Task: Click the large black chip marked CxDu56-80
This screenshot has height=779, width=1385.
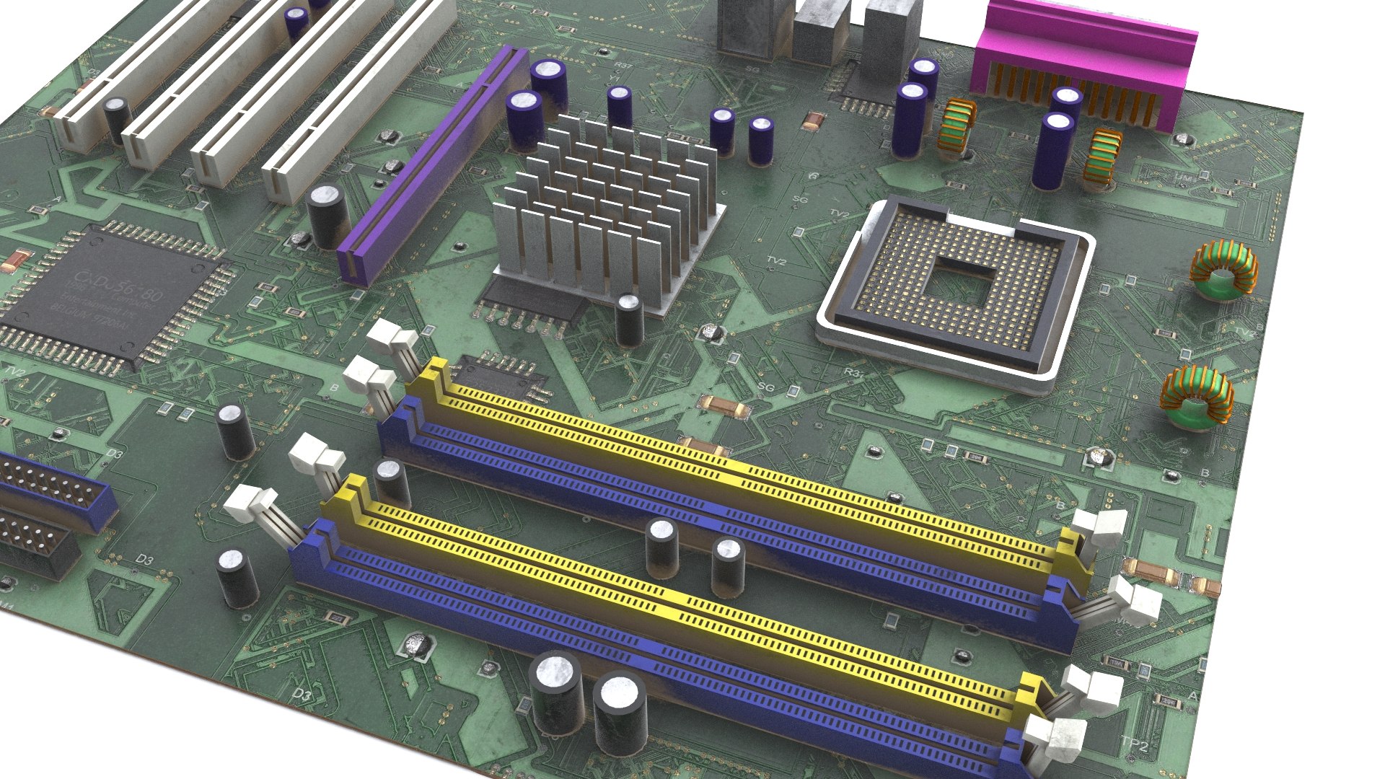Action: (x=108, y=296)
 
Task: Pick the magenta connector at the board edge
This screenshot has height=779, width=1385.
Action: (x=1082, y=65)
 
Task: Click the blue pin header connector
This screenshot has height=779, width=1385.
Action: (x=50, y=490)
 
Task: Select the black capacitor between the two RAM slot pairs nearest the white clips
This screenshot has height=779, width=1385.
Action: (x=392, y=481)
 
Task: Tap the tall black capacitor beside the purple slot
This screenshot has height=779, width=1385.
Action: (x=327, y=216)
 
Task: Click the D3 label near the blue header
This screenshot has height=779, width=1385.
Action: (x=144, y=560)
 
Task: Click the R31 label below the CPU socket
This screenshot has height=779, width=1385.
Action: (x=853, y=373)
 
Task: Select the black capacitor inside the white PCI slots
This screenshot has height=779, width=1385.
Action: (x=117, y=119)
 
